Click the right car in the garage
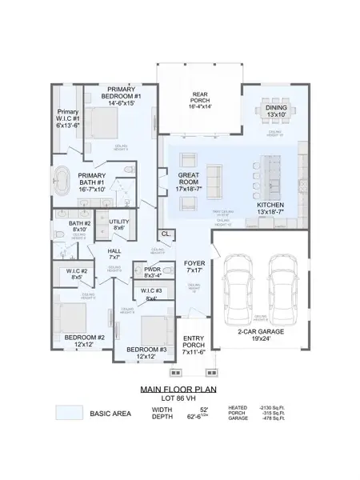coord(282,292)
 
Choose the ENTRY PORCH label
coord(194,343)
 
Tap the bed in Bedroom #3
coord(151,329)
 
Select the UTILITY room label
coord(119,225)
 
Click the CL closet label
coord(165,234)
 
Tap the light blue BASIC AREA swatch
coord(69,414)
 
